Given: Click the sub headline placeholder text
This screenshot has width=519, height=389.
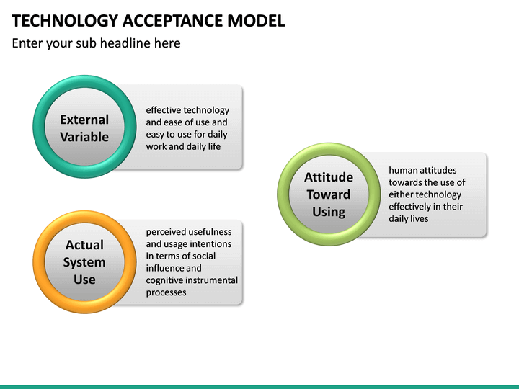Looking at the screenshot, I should tap(96, 43).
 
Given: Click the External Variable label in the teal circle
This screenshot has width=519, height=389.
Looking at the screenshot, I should tap(84, 128).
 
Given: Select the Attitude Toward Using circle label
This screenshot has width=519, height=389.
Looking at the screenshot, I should tap(329, 194).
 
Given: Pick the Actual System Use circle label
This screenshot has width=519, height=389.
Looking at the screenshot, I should tap(84, 262).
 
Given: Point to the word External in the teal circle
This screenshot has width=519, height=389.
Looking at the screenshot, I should tap(84, 120).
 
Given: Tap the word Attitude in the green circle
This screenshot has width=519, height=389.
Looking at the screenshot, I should tap(329, 177).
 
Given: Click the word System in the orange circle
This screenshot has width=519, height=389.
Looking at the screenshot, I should tap(84, 262).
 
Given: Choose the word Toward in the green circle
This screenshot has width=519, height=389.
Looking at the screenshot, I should tap(329, 194).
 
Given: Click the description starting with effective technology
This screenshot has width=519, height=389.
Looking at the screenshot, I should tap(187, 128).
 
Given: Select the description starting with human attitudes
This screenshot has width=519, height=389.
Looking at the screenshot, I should tap(427, 194).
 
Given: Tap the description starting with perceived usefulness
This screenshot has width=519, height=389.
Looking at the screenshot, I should tap(191, 262).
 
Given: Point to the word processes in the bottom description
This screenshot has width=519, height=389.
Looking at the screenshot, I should tap(166, 292).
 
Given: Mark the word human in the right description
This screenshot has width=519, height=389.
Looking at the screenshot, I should tap(402, 171).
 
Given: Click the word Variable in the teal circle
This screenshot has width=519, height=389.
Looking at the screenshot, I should tap(84, 137).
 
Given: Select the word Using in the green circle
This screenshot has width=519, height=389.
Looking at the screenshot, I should tap(329, 212).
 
